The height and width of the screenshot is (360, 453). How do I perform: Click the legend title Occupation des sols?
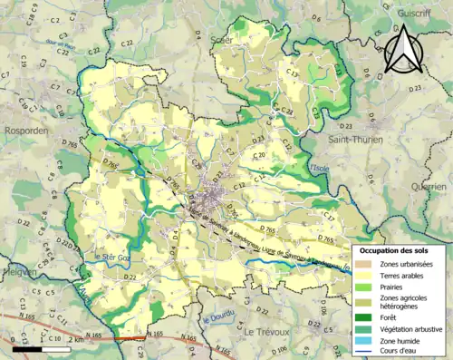click(x=396, y=249)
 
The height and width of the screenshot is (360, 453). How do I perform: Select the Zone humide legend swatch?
click(x=367, y=341)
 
